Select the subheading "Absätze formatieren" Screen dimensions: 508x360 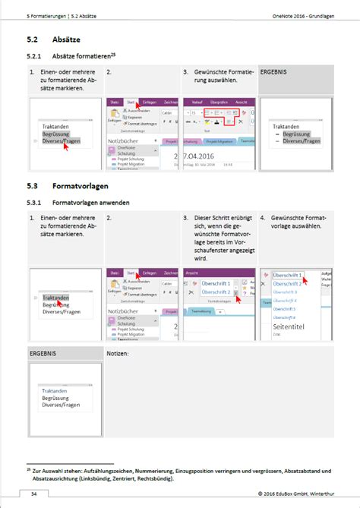82,55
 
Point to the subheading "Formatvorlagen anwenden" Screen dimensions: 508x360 90,204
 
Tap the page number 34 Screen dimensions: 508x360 34,494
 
